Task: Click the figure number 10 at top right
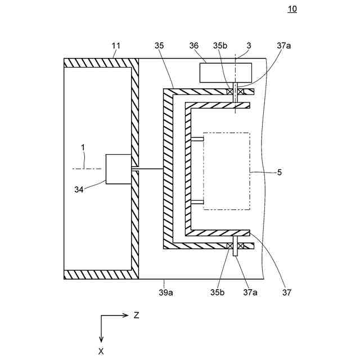point(292,8)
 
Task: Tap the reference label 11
point(116,45)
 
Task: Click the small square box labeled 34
point(118,169)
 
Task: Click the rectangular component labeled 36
point(226,73)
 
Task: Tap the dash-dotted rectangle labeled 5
point(226,170)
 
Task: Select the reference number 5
point(280,172)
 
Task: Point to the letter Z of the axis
point(136,316)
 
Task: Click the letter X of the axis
point(101,350)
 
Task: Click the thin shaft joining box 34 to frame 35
point(147,169)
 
